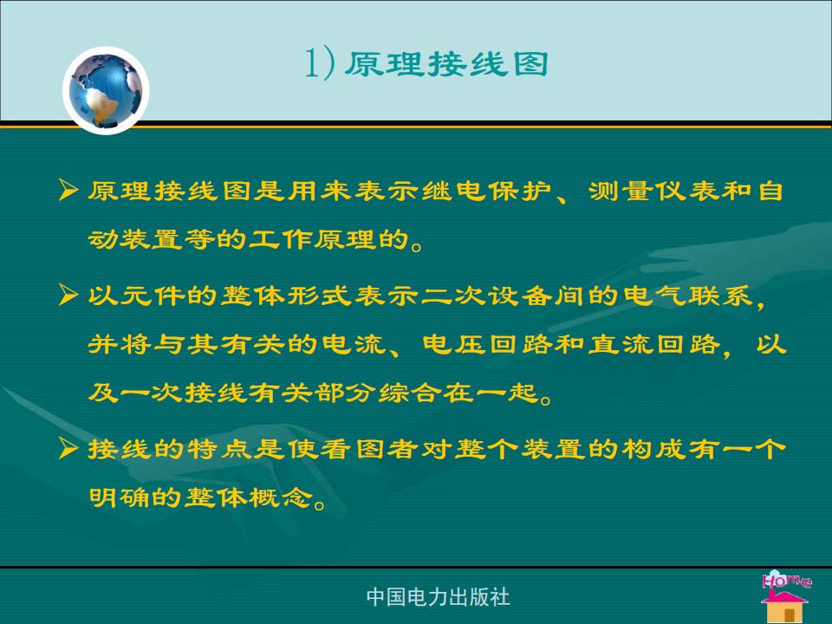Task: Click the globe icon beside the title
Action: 106,90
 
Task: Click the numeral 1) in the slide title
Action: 320,64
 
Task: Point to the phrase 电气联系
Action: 687,295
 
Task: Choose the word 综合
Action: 411,393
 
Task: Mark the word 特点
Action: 219,449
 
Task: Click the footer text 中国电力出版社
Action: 439,596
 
